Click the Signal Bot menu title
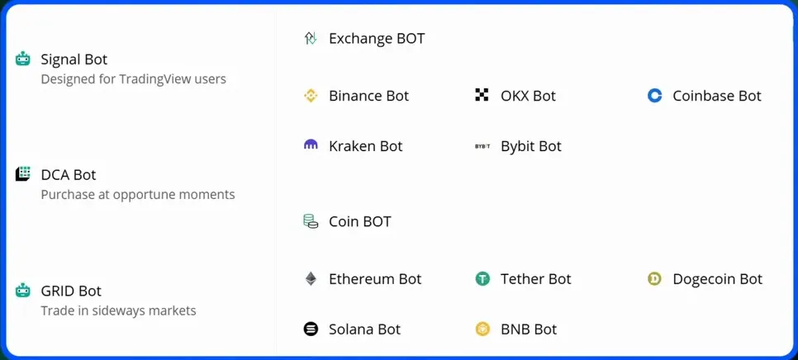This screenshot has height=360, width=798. click(x=74, y=59)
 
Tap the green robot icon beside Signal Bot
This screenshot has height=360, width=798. click(x=23, y=59)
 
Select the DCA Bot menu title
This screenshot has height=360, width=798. click(x=68, y=175)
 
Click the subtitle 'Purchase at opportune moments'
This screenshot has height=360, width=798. click(x=138, y=195)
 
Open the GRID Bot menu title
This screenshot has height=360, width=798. click(x=70, y=291)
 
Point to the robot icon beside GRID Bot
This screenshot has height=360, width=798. click(x=23, y=291)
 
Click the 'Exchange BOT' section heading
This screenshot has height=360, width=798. click(x=376, y=38)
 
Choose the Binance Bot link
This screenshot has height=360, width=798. click(x=368, y=96)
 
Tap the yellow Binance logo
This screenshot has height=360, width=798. click(x=311, y=96)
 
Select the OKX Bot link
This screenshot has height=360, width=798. click(x=528, y=96)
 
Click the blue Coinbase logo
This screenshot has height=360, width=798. click(x=654, y=96)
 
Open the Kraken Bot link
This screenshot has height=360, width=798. click(x=365, y=146)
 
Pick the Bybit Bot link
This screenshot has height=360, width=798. click(x=530, y=146)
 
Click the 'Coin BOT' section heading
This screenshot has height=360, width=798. click(x=359, y=221)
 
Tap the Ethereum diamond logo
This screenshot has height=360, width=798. click(x=311, y=279)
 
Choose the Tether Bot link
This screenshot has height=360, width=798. click(x=535, y=279)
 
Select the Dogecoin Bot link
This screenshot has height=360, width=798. click(x=717, y=279)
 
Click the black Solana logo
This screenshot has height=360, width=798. click(x=311, y=329)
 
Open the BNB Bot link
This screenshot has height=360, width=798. click(x=528, y=329)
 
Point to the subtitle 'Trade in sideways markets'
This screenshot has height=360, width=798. click(x=118, y=310)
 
